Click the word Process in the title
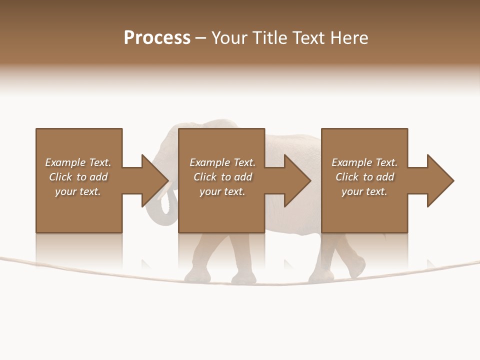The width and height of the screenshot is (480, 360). (157, 38)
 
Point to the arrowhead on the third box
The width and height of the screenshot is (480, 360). (440, 180)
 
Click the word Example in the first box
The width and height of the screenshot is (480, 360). (65, 162)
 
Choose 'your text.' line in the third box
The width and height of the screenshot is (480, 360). (364, 191)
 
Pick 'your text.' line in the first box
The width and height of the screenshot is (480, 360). (78, 191)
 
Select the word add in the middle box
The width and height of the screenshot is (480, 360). (243, 177)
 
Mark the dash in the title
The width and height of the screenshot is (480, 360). (201, 38)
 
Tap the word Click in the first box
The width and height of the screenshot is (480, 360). (60, 177)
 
